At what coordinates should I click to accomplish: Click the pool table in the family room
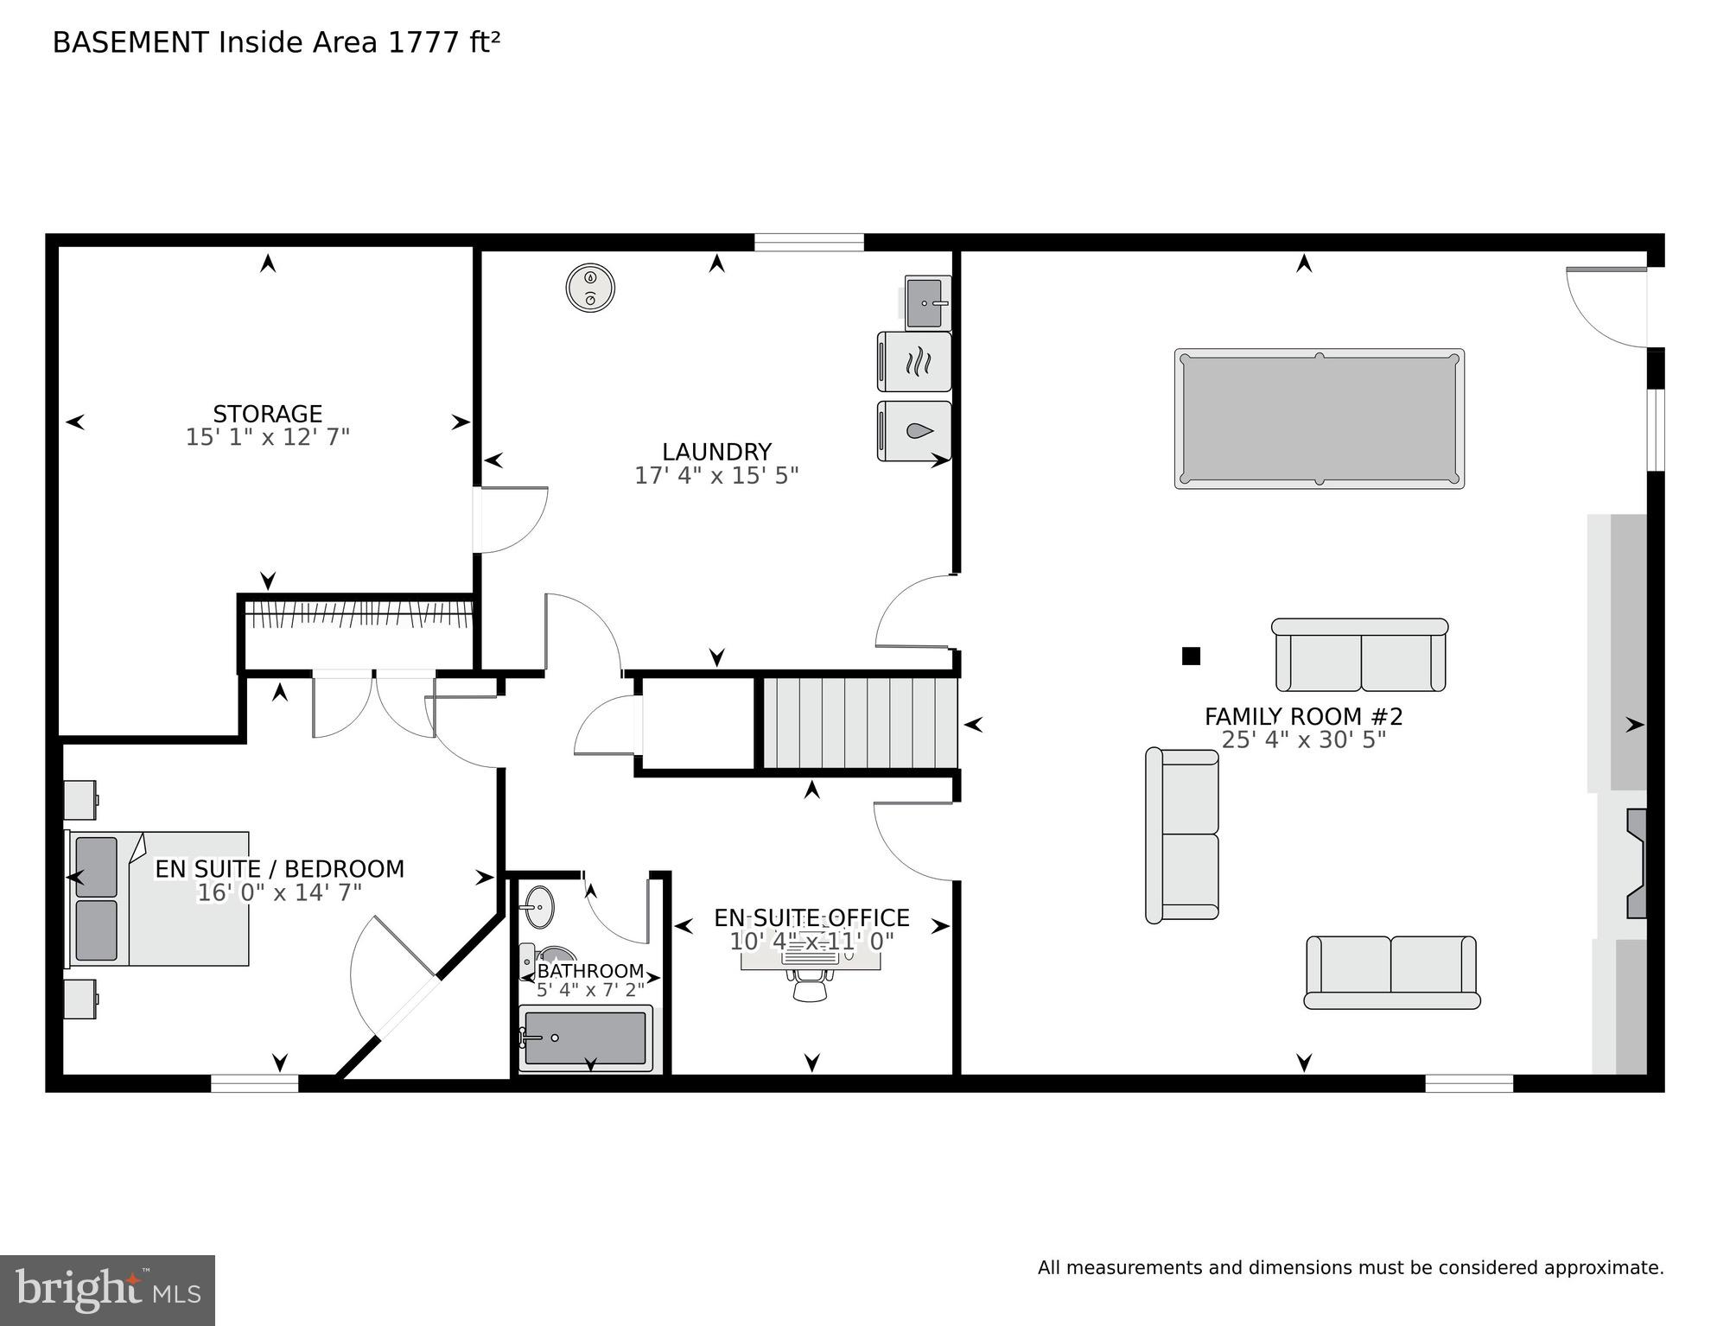pos(1319,419)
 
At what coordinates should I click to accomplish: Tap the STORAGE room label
pos(268,414)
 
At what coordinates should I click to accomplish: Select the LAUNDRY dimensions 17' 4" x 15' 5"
pos(716,476)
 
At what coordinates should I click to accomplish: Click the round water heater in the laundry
pos(590,289)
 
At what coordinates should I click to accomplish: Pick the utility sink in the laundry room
pos(926,303)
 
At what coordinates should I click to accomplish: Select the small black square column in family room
pos(1191,657)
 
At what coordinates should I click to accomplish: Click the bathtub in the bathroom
pos(585,1038)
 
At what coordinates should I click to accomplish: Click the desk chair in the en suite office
pos(810,985)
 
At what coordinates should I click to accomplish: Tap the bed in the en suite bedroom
pos(160,898)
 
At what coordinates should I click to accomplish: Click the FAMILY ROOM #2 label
pos(1303,717)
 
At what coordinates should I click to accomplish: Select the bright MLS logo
pos(107,1291)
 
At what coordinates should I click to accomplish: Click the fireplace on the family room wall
pos(1636,864)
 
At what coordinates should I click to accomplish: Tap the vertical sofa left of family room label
pos(1182,835)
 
